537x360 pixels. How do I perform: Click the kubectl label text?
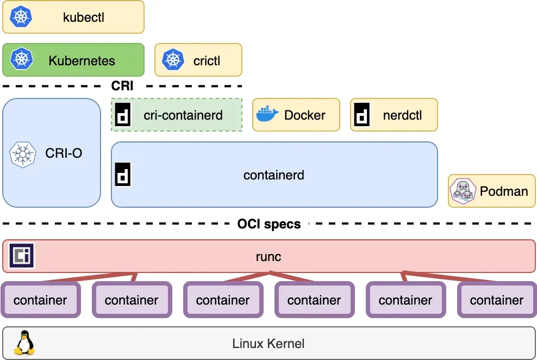[83, 17]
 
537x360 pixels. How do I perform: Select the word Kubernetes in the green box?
[82, 60]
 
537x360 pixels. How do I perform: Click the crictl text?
[207, 60]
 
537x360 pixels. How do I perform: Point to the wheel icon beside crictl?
[173, 60]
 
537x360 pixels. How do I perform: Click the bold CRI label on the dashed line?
[122, 86]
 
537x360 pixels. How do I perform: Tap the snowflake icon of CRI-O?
[23, 153]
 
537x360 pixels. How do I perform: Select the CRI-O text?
[64, 153]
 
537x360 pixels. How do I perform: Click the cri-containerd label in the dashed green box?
[183, 115]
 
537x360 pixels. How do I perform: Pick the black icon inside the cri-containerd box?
[123, 115]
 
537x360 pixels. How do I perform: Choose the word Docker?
[305, 115]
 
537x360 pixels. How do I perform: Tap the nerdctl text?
[402, 115]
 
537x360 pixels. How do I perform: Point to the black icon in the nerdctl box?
[362, 115]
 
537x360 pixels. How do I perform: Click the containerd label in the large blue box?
[273, 175]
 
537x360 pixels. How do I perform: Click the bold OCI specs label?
[269, 224]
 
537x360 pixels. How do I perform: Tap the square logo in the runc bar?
[22, 256]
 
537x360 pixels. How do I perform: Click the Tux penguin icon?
[24, 343]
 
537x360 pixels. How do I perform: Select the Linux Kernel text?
[268, 344]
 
